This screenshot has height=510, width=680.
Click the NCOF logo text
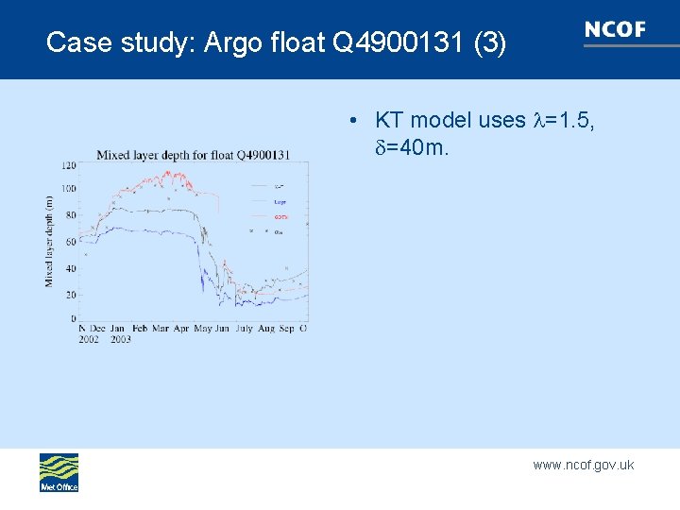616,30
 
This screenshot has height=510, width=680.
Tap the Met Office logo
59,472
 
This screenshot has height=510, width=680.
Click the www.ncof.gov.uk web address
583,465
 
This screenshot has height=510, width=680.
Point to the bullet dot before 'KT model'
350,121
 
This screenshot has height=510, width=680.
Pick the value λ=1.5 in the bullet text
563,121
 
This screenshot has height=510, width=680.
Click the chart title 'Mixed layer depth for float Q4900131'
193,155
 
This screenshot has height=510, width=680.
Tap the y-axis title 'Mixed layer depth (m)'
49,241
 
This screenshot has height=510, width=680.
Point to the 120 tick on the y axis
68,165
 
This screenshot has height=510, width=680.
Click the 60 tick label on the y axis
71,243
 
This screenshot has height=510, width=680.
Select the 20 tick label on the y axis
71,295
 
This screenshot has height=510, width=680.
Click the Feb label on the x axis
140,329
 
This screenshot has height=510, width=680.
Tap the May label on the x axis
203,329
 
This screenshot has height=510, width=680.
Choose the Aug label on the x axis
265,329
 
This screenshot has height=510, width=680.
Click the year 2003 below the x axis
120,339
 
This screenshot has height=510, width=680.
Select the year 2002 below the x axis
89,339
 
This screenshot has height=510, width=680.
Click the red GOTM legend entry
280,217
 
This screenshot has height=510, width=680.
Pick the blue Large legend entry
280,202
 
